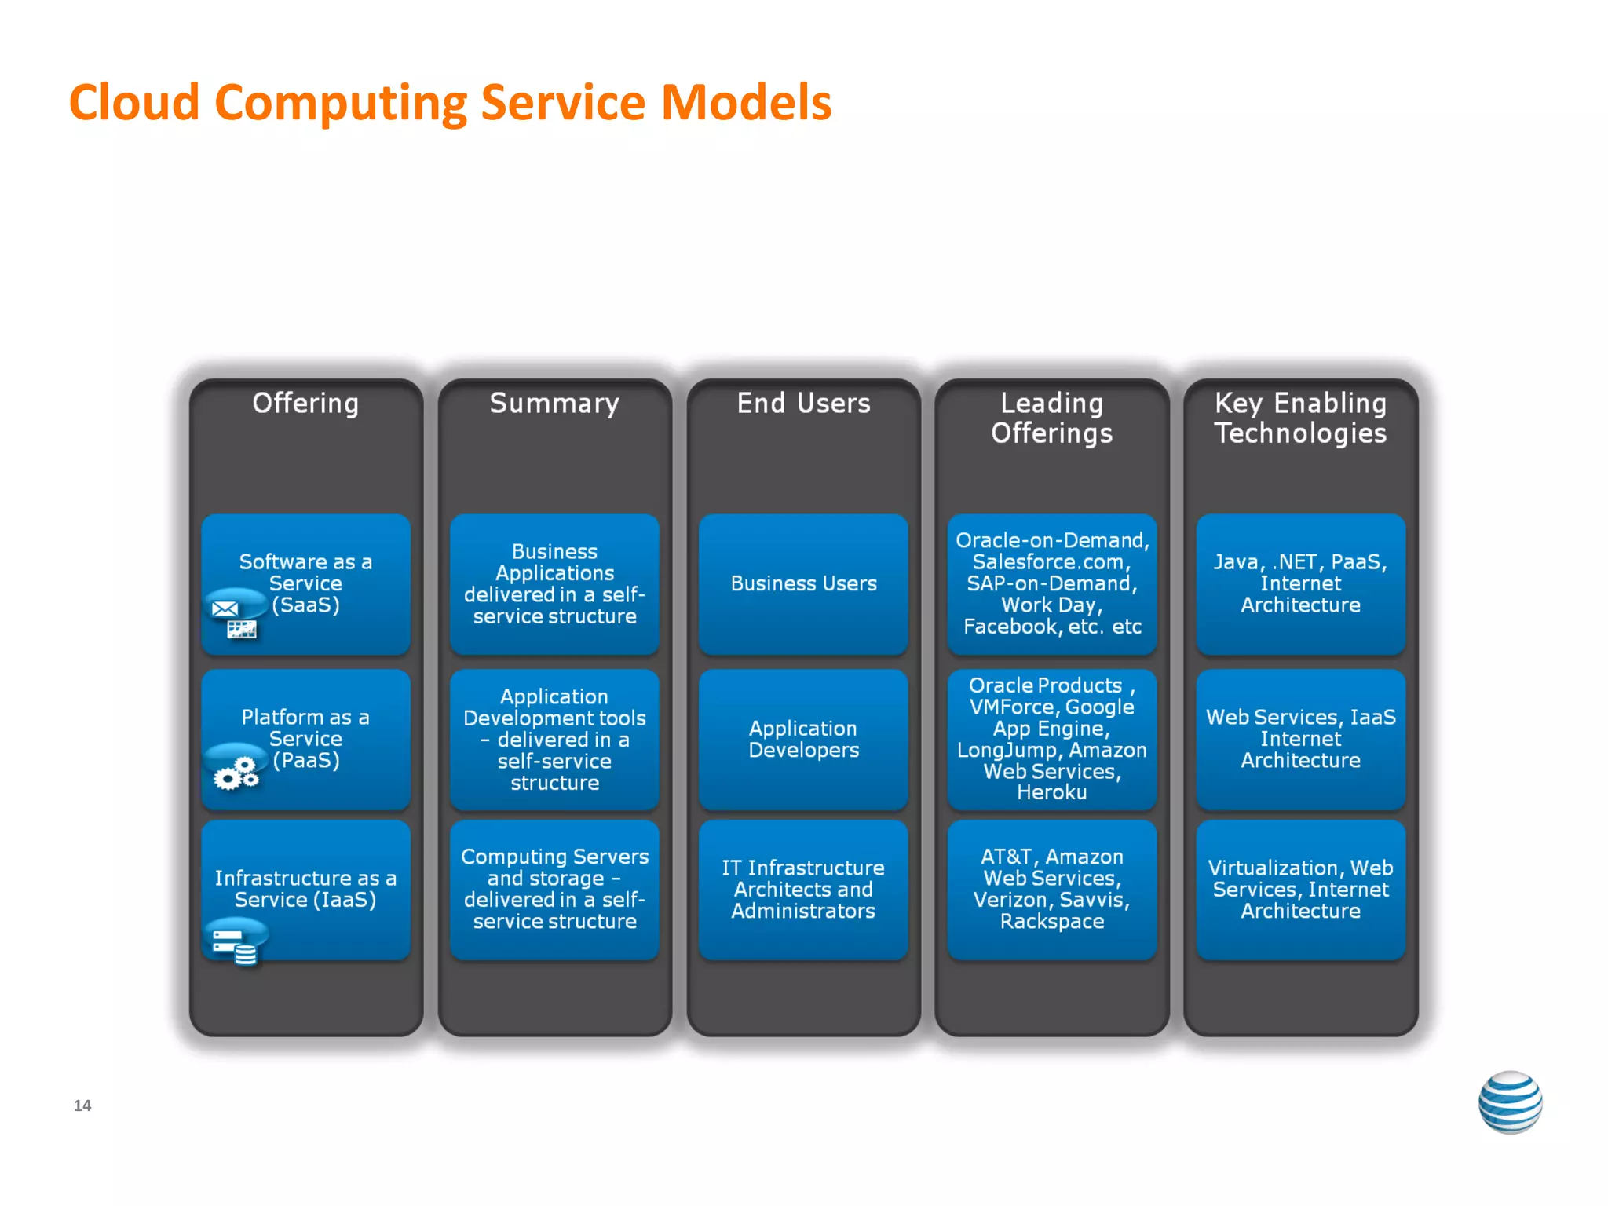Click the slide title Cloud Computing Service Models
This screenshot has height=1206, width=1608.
coord(450,103)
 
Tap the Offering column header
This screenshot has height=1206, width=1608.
coord(305,404)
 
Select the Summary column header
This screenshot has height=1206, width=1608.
coord(554,404)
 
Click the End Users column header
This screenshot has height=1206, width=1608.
coord(803,404)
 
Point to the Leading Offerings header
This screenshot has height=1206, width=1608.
coord(1051,418)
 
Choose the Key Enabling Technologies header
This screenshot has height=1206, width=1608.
coord(1300,418)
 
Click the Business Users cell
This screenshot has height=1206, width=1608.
coord(803,584)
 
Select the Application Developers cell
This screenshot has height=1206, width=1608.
coord(803,740)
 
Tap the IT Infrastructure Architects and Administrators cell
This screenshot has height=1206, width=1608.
coord(803,890)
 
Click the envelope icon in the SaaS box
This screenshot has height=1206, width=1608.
coord(225,608)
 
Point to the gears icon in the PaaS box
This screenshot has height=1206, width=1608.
coord(236,773)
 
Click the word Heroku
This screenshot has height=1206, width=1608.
coord(1051,792)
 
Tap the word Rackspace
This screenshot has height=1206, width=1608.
coord(1051,922)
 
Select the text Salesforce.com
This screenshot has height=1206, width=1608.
coord(1051,562)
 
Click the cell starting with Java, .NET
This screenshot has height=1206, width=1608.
coord(1300,584)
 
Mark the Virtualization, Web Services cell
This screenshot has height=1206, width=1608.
coord(1300,890)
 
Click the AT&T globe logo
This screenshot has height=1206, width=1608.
coord(1510,1102)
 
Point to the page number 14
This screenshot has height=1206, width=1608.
coord(82,1105)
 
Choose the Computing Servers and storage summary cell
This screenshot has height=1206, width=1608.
coord(554,890)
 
